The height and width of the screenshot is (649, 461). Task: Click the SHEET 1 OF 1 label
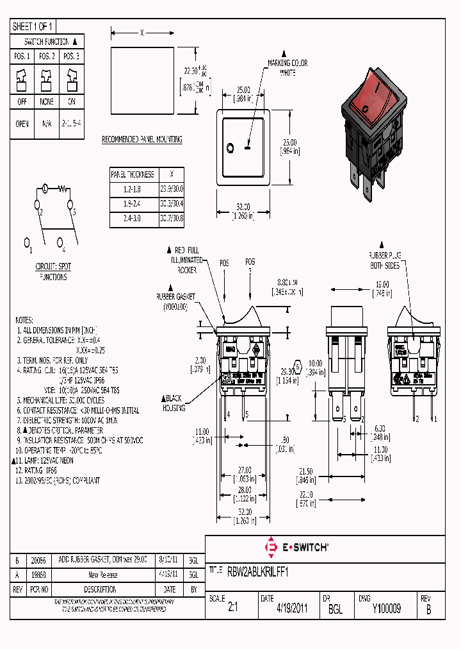click(33, 27)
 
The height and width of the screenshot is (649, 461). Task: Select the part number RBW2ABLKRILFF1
click(257, 573)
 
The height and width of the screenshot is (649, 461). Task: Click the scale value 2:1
click(232, 609)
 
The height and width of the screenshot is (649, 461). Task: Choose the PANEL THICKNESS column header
click(133, 174)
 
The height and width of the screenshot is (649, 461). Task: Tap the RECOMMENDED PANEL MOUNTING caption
click(142, 139)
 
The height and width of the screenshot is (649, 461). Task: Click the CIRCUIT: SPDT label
click(53, 265)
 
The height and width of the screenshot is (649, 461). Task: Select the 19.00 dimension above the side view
click(382, 283)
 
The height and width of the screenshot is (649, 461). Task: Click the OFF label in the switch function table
click(22, 102)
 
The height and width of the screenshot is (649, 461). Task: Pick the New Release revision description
click(102, 575)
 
